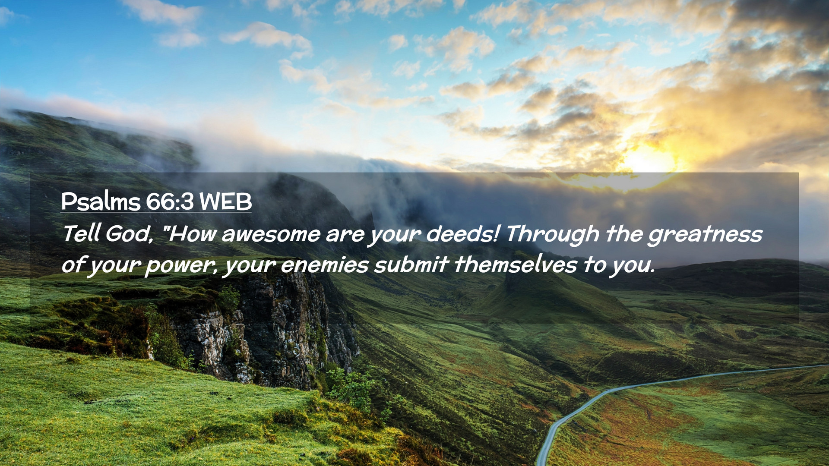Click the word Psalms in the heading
(x=101, y=202)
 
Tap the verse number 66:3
(x=170, y=202)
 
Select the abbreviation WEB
(x=225, y=202)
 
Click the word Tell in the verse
(x=81, y=233)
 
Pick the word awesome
(x=271, y=235)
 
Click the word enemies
(x=325, y=265)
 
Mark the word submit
(x=411, y=264)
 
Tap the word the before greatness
(x=623, y=233)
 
